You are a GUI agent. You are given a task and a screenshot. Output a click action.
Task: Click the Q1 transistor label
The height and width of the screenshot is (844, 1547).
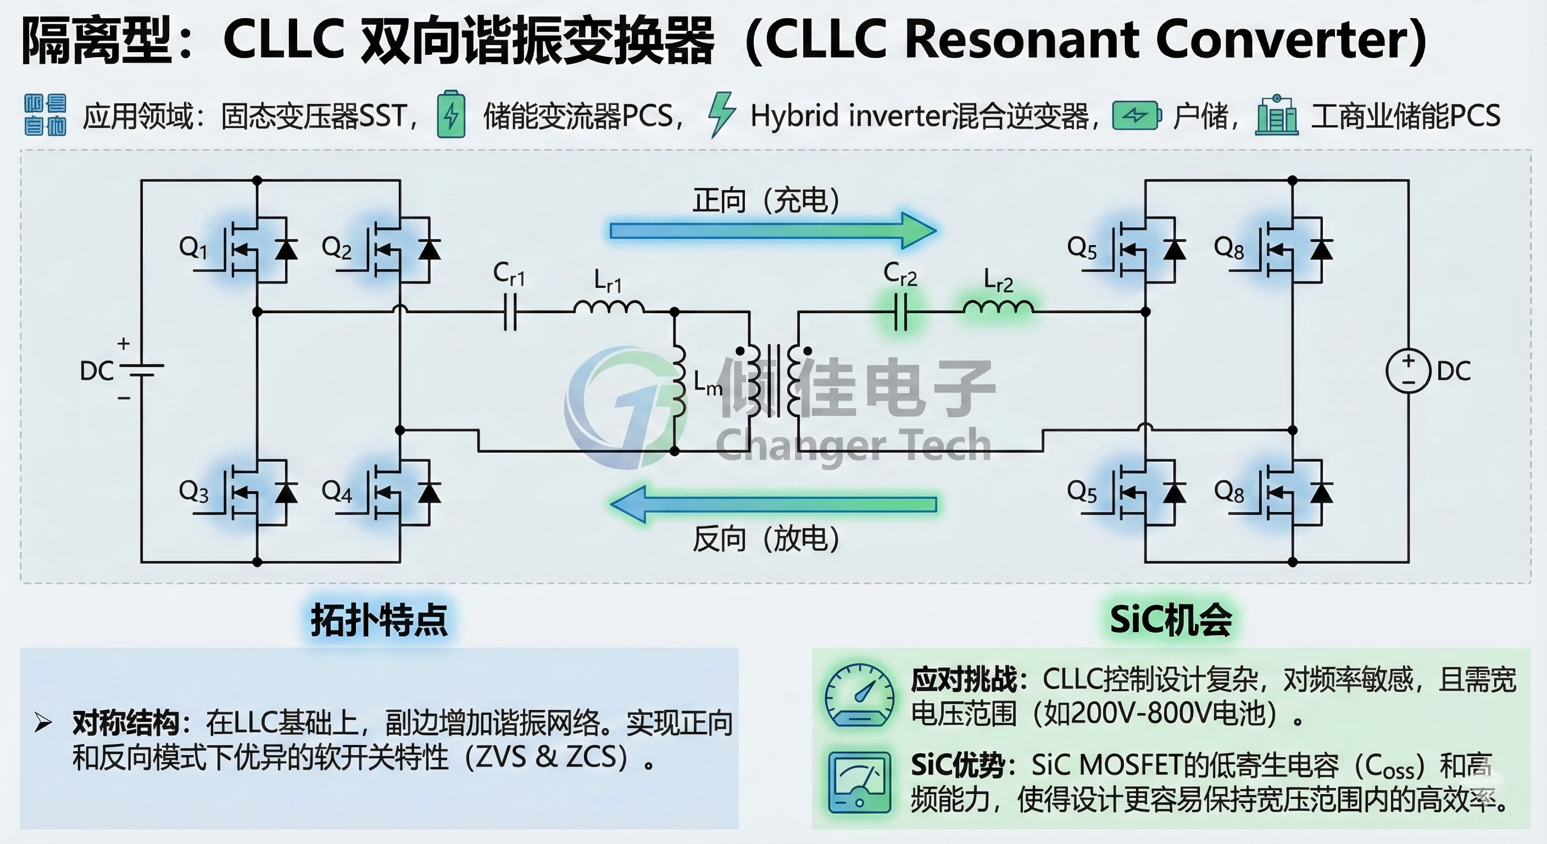point(193,247)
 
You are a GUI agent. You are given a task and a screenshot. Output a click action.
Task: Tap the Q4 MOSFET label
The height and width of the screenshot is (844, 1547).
point(336,491)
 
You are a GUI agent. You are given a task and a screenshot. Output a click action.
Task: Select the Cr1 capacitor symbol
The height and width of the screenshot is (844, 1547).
point(510,312)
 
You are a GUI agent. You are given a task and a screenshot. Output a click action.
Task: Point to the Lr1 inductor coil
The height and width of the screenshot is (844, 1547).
point(609,308)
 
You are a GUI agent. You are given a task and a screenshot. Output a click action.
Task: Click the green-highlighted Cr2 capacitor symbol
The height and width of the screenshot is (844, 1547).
point(901,312)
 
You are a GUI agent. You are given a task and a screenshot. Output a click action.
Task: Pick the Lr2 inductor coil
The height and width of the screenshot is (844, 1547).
point(998,308)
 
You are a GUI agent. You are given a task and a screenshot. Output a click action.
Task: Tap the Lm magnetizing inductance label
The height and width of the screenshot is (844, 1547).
point(708,382)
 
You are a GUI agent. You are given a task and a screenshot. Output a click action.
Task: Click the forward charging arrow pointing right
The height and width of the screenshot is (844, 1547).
point(772,231)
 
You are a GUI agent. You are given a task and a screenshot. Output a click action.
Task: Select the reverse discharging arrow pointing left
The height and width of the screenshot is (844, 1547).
point(772,504)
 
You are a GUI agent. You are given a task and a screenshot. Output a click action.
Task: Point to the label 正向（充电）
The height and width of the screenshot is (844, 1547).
point(766,200)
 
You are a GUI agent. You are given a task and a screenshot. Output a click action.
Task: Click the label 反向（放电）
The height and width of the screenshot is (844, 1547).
point(766,538)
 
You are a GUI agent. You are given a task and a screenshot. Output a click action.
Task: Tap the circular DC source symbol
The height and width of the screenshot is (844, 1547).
point(1408,371)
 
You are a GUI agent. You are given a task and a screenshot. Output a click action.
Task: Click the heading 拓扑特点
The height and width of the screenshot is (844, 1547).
point(379,620)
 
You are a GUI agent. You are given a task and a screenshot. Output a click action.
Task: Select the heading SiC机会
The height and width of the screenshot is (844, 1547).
point(1171,620)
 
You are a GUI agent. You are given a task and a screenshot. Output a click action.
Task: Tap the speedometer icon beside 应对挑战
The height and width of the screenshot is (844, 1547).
point(859,696)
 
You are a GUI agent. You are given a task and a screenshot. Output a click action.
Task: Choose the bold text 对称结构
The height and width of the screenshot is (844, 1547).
point(125,722)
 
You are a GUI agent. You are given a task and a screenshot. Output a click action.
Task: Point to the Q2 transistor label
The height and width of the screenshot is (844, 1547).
point(336,247)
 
